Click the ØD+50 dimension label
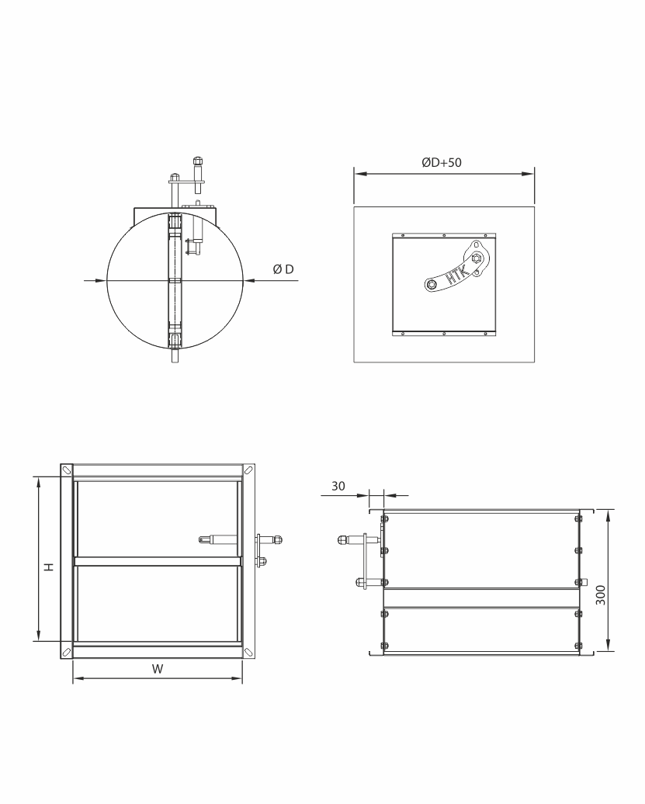(x=442, y=162)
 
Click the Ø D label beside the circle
(x=283, y=269)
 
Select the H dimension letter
(x=49, y=567)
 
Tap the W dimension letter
(x=158, y=669)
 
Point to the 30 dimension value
(x=338, y=486)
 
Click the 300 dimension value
(x=601, y=594)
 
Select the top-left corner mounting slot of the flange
(x=66, y=470)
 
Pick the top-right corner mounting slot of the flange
(x=248, y=470)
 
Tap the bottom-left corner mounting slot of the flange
(x=66, y=652)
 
